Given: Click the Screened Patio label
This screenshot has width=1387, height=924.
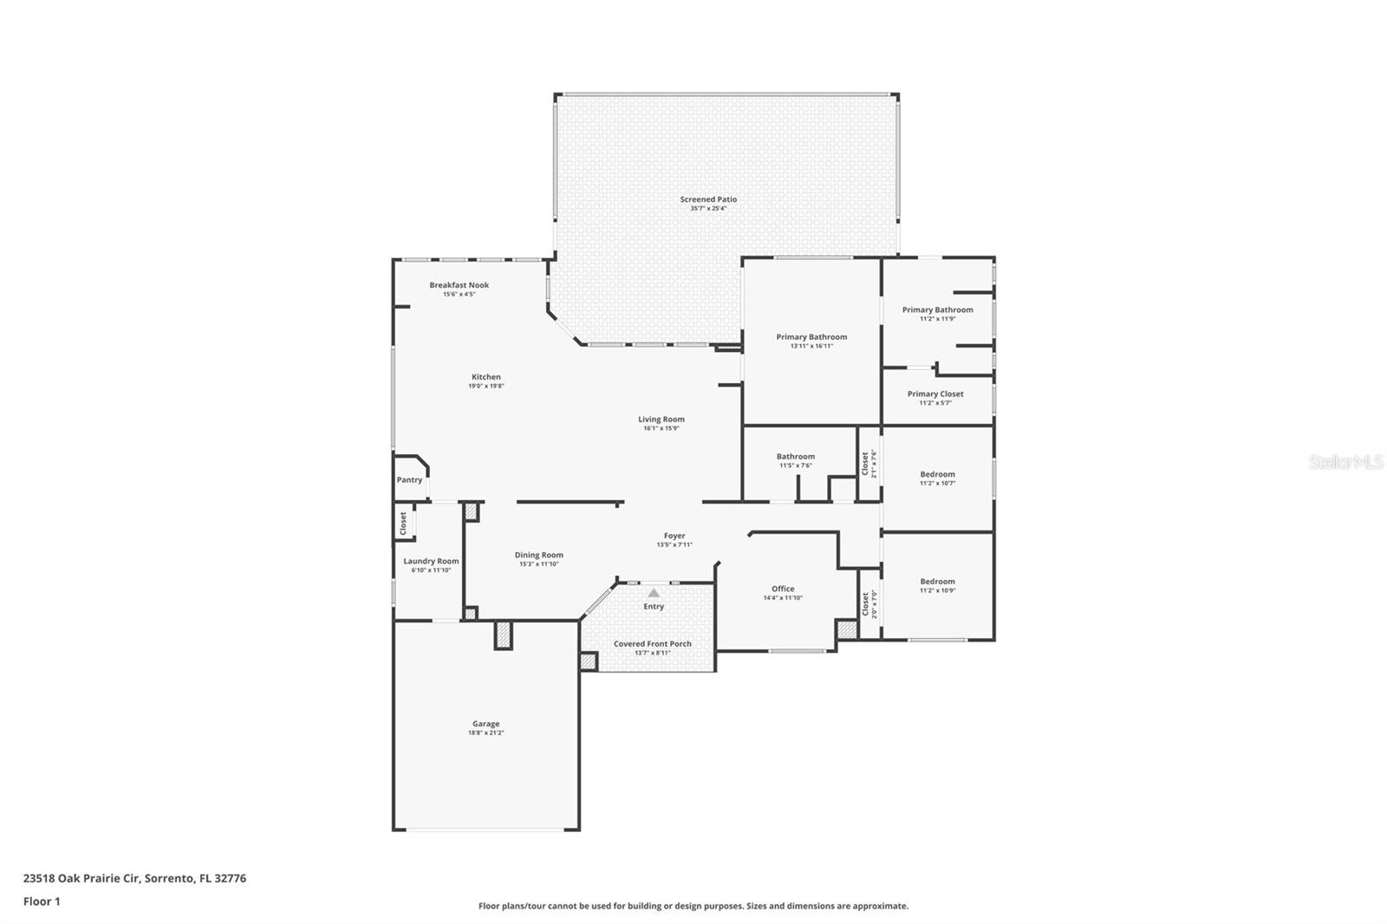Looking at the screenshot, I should [x=708, y=199].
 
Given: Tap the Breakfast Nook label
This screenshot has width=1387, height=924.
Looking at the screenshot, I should [x=459, y=285].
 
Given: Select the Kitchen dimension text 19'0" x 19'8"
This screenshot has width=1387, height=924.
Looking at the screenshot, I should [x=486, y=386].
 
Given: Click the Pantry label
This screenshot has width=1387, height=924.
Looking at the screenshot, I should [x=409, y=480].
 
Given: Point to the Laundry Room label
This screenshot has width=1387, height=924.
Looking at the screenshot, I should [x=431, y=561].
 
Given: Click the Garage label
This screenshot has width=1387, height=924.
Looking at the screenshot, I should [x=485, y=724].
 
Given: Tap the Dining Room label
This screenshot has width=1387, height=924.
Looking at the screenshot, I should [x=539, y=555].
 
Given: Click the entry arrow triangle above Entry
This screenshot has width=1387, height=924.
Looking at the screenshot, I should [x=654, y=593].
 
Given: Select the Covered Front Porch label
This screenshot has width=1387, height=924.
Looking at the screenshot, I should [x=653, y=644].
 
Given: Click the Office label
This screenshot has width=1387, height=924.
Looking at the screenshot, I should [x=783, y=589].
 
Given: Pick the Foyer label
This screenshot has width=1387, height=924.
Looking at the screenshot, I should [x=674, y=536].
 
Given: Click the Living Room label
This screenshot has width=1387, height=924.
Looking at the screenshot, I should [x=661, y=420].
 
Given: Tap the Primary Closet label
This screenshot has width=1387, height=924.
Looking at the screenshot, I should [x=935, y=394].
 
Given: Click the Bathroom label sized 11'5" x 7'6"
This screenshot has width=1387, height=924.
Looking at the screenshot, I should [x=796, y=456].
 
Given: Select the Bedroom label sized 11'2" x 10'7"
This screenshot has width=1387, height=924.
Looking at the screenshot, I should [x=937, y=474].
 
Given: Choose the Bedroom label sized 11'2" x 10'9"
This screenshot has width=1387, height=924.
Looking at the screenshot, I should [x=937, y=582].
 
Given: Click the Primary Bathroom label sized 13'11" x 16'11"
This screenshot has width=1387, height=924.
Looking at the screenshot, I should [x=811, y=337].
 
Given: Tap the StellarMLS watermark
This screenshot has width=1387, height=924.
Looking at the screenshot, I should [x=1345, y=463].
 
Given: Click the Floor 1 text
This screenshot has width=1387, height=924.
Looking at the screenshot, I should [x=42, y=901].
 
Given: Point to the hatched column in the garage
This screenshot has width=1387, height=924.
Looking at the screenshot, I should [x=504, y=635].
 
